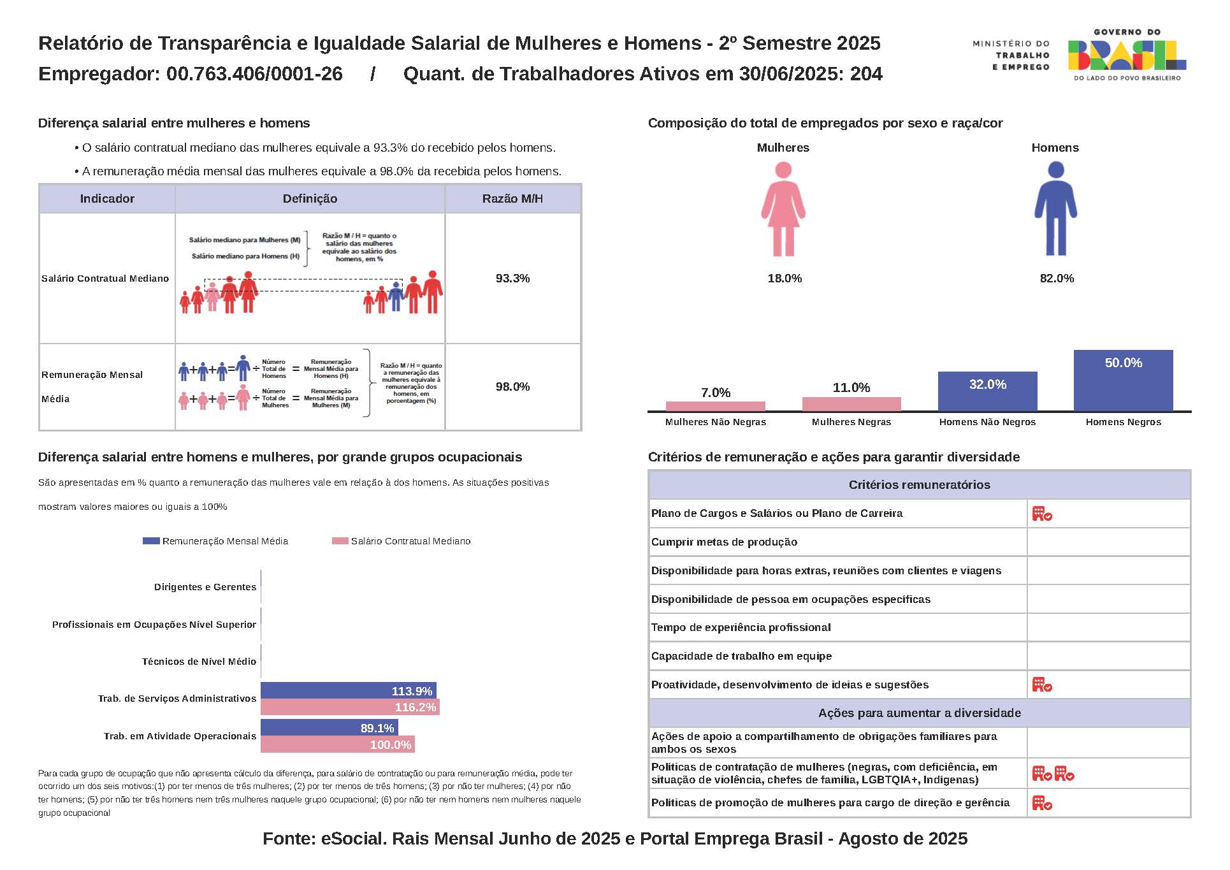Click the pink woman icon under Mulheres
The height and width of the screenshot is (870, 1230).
coord(783,208)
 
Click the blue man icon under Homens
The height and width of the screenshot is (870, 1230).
coord(1055,208)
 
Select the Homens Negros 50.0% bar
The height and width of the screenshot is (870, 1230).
coord(1123,381)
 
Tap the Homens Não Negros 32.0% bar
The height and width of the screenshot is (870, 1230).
coord(987,391)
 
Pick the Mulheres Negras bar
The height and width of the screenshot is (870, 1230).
coord(851,404)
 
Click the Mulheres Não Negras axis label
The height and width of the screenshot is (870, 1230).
coord(716,422)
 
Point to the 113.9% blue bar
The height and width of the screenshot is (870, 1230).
coord(348,691)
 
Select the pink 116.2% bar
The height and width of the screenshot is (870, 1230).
coord(350,707)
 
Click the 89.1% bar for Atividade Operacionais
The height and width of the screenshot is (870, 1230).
coord(329,728)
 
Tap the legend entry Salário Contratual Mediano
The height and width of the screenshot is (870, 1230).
coord(410,541)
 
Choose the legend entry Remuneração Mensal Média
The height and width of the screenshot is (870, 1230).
coord(224,541)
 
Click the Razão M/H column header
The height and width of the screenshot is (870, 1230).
coord(512,199)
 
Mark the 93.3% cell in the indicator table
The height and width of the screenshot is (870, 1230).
coord(512,279)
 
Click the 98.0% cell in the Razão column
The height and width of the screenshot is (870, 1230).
coord(512,387)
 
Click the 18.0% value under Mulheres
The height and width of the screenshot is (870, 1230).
coord(785,279)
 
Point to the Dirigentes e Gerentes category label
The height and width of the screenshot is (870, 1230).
coord(205,587)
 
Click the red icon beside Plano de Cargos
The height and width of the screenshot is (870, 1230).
coord(1042,514)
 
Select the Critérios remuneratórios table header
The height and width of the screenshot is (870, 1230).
coord(919,485)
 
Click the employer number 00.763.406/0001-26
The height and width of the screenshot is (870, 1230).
coord(254,74)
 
